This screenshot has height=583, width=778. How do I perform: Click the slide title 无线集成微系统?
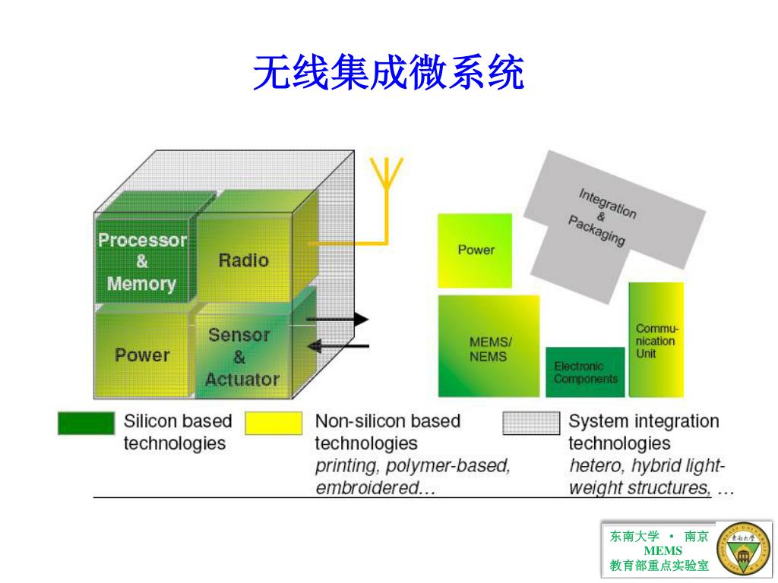[388, 74]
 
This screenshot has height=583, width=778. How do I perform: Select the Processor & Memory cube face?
[142, 261]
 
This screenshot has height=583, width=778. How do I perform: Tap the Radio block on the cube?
[243, 260]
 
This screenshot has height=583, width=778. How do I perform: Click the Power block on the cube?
[142, 355]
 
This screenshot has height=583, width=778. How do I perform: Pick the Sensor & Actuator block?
[240, 356]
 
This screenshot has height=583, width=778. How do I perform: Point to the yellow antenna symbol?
[387, 178]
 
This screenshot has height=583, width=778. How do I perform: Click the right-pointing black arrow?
[339, 320]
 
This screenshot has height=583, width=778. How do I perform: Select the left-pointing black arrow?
[337, 347]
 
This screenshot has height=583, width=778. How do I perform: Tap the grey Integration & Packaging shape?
[600, 220]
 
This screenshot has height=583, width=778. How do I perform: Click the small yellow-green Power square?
[476, 251]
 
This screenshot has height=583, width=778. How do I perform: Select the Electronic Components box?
[585, 372]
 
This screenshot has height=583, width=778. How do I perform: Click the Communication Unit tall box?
[656, 340]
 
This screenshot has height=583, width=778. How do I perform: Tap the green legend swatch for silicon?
[86, 423]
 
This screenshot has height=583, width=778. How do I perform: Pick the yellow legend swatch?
[274, 423]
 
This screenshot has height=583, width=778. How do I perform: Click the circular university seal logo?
[742, 549]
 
